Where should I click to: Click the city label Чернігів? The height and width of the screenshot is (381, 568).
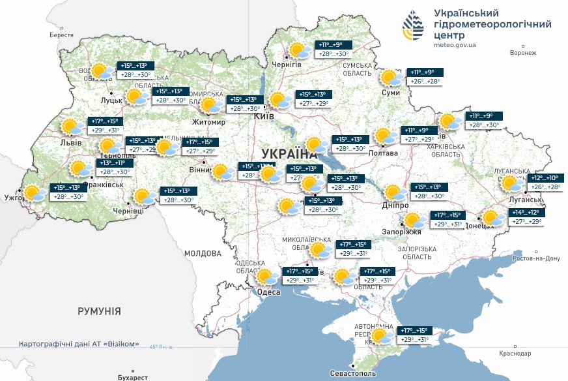pos(287,65)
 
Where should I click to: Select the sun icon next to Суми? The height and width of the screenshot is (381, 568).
pos(392,78)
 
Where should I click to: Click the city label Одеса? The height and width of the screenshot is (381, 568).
pos(269,292)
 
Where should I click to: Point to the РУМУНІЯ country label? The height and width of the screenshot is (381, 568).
pos(99,311)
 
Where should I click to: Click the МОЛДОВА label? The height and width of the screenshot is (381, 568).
pos(203,253)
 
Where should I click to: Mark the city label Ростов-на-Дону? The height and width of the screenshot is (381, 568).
pos(536,258)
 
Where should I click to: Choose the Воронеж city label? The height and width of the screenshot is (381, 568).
pos(523,53)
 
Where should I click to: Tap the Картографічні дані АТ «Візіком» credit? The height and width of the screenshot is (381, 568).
pos(79,344)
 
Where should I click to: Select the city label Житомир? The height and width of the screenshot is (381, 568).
pos(208,122)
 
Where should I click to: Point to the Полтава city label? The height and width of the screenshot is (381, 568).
pos(383,153)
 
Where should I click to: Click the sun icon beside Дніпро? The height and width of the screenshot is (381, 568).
pos(393,192)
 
